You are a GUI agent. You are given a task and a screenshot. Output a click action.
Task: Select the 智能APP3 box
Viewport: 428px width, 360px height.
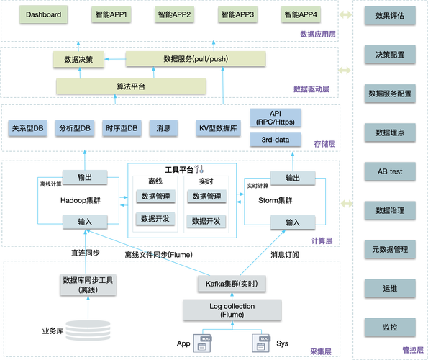(237, 14)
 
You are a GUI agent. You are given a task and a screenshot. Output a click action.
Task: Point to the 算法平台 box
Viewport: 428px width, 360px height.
(131, 86)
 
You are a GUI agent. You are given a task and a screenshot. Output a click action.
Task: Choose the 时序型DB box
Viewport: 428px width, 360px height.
(119, 128)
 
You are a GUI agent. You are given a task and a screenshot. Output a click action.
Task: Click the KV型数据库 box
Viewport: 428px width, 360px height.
(217, 128)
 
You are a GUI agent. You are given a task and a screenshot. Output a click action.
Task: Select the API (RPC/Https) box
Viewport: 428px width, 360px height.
(276, 117)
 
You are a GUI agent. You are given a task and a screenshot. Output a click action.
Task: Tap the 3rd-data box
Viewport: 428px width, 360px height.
(276, 139)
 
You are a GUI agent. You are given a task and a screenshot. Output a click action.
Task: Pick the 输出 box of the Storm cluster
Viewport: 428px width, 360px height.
(293, 177)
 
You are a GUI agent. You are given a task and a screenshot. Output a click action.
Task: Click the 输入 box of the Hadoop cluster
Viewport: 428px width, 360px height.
(86, 222)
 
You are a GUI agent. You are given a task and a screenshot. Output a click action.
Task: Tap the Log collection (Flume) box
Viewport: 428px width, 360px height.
(227, 310)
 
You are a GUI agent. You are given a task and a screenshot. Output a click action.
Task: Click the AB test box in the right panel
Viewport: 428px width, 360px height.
(390, 172)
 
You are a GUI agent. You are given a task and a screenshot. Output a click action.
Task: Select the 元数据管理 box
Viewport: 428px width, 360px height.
(390, 250)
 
